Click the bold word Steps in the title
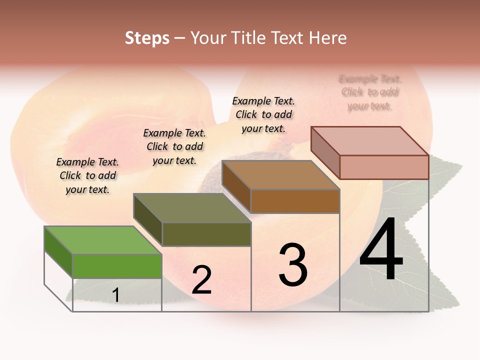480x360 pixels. pyautogui.click(x=147, y=38)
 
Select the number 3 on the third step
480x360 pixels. pyautogui.click(x=292, y=265)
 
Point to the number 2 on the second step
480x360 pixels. pyautogui.click(x=201, y=280)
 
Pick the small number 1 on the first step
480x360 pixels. pyautogui.click(x=115, y=295)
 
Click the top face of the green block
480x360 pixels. pyautogui.click(x=102, y=240)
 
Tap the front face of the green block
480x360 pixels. pyautogui.click(x=117, y=266)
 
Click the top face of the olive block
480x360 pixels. pyautogui.click(x=192, y=208)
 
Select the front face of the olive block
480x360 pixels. pyautogui.click(x=206, y=234)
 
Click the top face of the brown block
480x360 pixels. pyautogui.click(x=280, y=175)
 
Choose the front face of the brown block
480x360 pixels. pyautogui.click(x=295, y=201)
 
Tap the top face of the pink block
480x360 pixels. pyautogui.click(x=369, y=141)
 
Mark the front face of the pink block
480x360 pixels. pyautogui.click(x=384, y=167)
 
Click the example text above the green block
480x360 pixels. pyautogui.click(x=87, y=175)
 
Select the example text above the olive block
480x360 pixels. pyautogui.click(x=174, y=146)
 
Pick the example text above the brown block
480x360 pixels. pyautogui.click(x=263, y=114)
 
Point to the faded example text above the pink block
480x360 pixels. pyautogui.click(x=370, y=92)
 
